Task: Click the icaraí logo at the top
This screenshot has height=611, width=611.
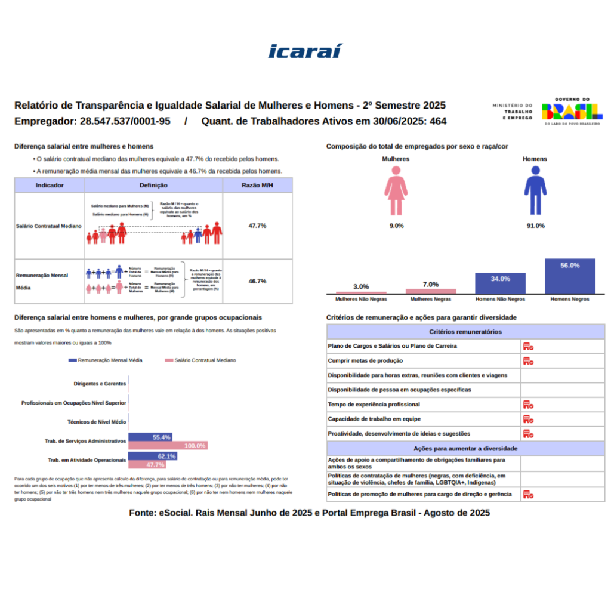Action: (305, 51)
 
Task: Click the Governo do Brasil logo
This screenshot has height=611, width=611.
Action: (571, 111)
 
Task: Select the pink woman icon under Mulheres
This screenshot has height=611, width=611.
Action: (396, 191)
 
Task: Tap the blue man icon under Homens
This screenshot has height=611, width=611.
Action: (535, 191)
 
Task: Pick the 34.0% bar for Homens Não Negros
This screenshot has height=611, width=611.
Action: (500, 283)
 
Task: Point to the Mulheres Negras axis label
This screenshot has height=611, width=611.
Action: (430, 298)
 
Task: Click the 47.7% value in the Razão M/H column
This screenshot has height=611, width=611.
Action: (257, 226)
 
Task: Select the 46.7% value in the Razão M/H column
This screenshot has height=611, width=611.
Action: (257, 281)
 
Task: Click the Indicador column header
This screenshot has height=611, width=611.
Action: (50, 186)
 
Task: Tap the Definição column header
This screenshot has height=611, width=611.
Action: (153, 186)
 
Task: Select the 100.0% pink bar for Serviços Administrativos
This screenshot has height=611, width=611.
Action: (168, 446)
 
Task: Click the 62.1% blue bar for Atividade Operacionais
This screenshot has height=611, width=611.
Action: (153, 456)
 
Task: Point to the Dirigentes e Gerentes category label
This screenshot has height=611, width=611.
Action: (100, 384)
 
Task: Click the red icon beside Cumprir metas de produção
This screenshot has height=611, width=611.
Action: (527, 360)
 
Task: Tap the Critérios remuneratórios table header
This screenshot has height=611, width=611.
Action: (465, 332)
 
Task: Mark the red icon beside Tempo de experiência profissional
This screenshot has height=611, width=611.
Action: (527, 405)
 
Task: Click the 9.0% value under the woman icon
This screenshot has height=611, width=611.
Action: (396, 226)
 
